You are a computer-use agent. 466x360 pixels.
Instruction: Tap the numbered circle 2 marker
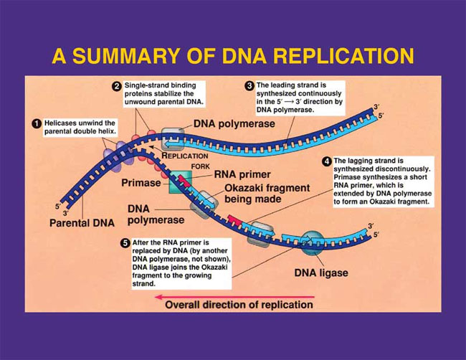pos(116,87)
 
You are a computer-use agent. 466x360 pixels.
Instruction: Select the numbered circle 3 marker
pos(249,86)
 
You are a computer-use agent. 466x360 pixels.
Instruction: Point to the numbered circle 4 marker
pos(327,161)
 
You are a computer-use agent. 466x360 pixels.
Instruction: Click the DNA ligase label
pos(321,273)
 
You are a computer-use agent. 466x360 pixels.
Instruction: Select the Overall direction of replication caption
pos(239,305)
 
